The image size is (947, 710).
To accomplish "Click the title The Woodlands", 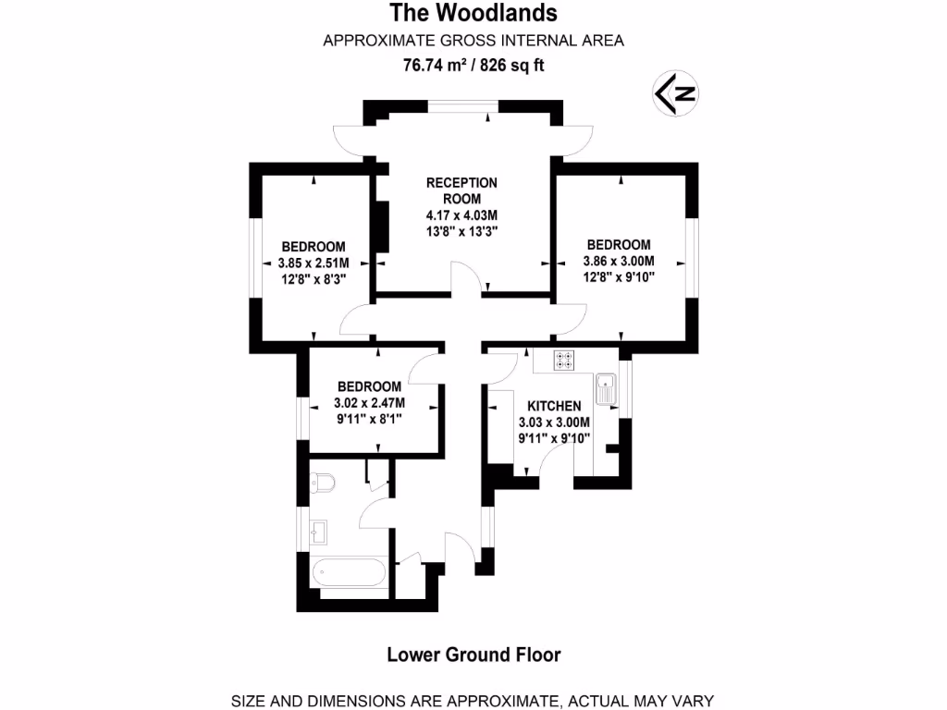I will coord(473,13).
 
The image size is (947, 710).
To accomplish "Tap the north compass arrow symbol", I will coord(676,93).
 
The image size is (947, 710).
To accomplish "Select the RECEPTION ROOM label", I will coord(461,190).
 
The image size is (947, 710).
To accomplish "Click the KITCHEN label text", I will coord(554,406).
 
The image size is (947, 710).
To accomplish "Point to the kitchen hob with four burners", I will coord(564,360).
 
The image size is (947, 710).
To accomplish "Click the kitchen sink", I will coord(606,387).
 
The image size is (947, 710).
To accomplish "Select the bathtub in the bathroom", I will coord(349,571).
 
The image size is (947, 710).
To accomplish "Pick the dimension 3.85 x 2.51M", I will coord(314,263).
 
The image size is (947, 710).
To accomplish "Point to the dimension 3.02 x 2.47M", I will coord(369,402).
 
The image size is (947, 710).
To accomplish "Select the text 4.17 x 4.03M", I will coord(461,215).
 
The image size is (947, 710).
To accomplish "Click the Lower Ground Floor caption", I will coord(473,655).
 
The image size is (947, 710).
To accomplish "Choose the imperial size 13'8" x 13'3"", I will coord(461,232).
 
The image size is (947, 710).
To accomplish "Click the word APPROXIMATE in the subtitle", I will coord(368,40).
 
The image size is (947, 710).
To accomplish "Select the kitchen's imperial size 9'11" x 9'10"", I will coord(554,438).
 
